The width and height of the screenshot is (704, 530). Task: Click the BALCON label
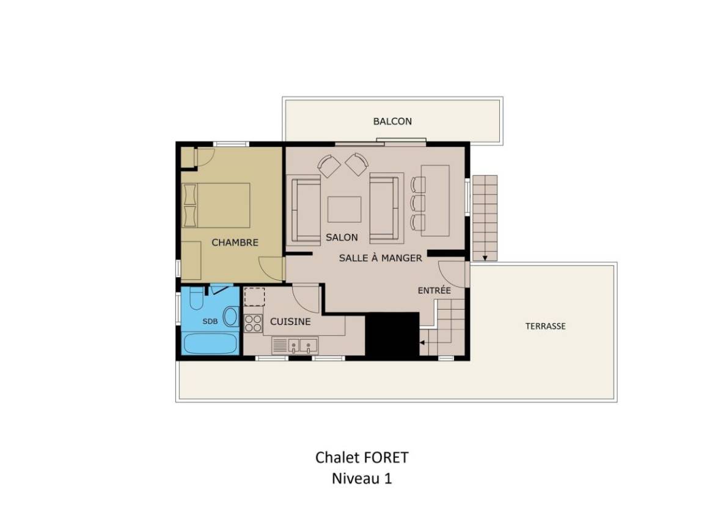392,121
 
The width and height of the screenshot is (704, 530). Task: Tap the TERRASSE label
546,326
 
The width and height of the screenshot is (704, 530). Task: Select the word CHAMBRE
235,242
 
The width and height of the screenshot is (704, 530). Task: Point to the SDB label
210,321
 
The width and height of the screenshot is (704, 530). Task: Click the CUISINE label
290,321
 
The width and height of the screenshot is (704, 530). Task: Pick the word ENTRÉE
434,291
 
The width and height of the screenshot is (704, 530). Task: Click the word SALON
342,238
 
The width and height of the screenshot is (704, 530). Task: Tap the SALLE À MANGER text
380,258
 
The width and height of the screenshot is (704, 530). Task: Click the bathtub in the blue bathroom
210,343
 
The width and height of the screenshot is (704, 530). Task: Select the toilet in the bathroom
196,298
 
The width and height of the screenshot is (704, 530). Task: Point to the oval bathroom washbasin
231,316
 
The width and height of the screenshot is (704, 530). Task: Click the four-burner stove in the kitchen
253,323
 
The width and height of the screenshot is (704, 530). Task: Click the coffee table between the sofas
345,209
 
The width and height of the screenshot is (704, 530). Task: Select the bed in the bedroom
216,205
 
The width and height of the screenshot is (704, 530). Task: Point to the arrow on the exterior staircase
485,258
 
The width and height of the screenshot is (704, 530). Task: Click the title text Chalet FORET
362,457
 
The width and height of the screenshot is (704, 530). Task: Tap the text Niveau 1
362,478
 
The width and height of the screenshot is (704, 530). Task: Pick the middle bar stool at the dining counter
417,203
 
